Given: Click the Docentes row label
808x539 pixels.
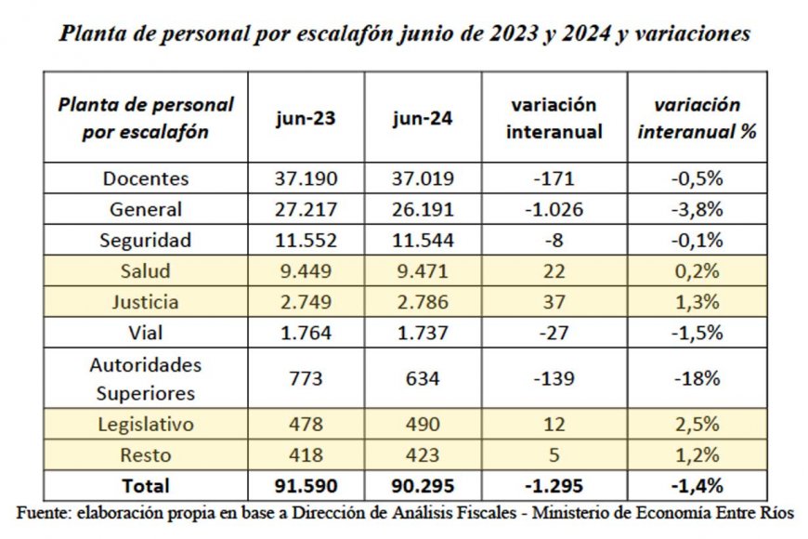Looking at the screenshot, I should click(146, 179).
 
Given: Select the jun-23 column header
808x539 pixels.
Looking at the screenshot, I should click(306, 119).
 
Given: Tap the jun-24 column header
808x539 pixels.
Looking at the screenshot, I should click(423, 119).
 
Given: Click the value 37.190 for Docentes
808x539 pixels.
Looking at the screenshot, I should click(306, 179).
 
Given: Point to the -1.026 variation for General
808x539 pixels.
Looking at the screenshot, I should click(554, 210).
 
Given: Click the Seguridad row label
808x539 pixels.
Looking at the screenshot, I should click(146, 241).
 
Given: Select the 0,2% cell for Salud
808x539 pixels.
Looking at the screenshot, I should click(697, 271).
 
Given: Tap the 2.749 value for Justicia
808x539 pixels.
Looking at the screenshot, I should click(306, 302).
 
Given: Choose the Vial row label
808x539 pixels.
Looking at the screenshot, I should click(146, 333).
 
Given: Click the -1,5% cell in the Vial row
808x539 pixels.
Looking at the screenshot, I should click(697, 333).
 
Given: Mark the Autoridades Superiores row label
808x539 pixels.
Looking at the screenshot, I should click(146, 378).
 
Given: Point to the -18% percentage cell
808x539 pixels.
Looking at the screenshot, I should click(697, 378).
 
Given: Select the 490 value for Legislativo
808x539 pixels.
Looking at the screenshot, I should click(423, 425).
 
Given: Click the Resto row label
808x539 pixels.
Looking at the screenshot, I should click(146, 455).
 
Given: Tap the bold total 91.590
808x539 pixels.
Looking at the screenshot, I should click(306, 485).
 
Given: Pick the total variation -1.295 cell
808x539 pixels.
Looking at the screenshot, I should click(554, 485).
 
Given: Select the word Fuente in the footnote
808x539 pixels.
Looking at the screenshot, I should click(44, 512).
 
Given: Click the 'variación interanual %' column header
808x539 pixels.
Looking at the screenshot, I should click(697, 118).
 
